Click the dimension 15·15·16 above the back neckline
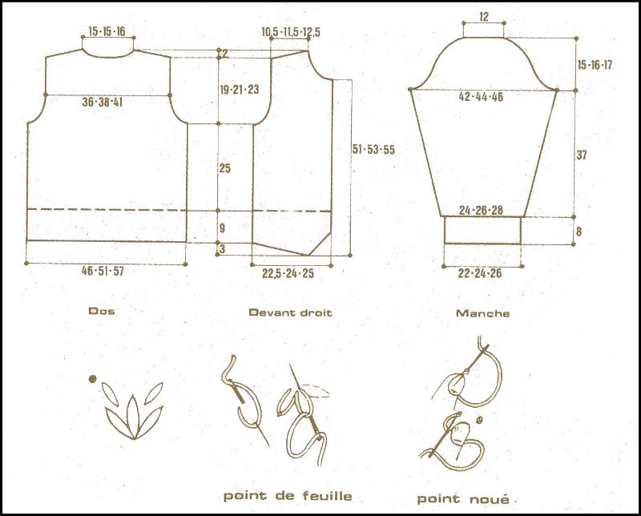tap(107, 31)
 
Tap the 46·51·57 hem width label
tap(105, 272)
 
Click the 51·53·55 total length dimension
tap(374, 149)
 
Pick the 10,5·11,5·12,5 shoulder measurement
tap(290, 31)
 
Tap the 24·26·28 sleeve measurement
tap(481, 211)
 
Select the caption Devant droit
tap(290, 312)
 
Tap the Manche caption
tap(482, 313)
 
